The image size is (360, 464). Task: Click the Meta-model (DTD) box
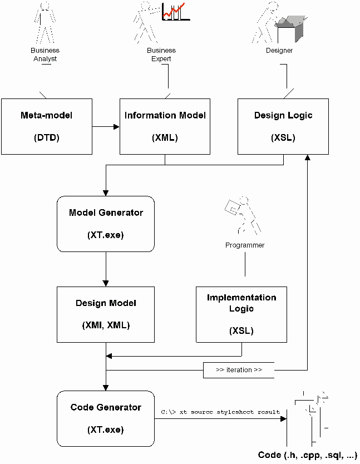click(47, 126)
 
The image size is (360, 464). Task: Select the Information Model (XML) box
click(165, 126)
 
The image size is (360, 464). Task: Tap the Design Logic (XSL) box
click(283, 126)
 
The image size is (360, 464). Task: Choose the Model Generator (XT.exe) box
click(106, 223)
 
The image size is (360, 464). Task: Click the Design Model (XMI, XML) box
click(106, 314)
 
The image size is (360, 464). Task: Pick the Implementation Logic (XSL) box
click(241, 314)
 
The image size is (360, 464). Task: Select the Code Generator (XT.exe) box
click(106, 418)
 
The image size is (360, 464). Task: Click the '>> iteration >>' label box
click(239, 370)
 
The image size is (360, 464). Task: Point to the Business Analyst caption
click(45, 55)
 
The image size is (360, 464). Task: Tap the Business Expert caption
click(161, 55)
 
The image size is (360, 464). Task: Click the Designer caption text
click(279, 51)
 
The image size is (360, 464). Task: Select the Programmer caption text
click(245, 245)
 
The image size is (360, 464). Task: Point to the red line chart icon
click(175, 11)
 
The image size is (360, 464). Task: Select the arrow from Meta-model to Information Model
click(106, 126)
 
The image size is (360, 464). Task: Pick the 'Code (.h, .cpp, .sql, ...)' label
click(308, 455)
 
